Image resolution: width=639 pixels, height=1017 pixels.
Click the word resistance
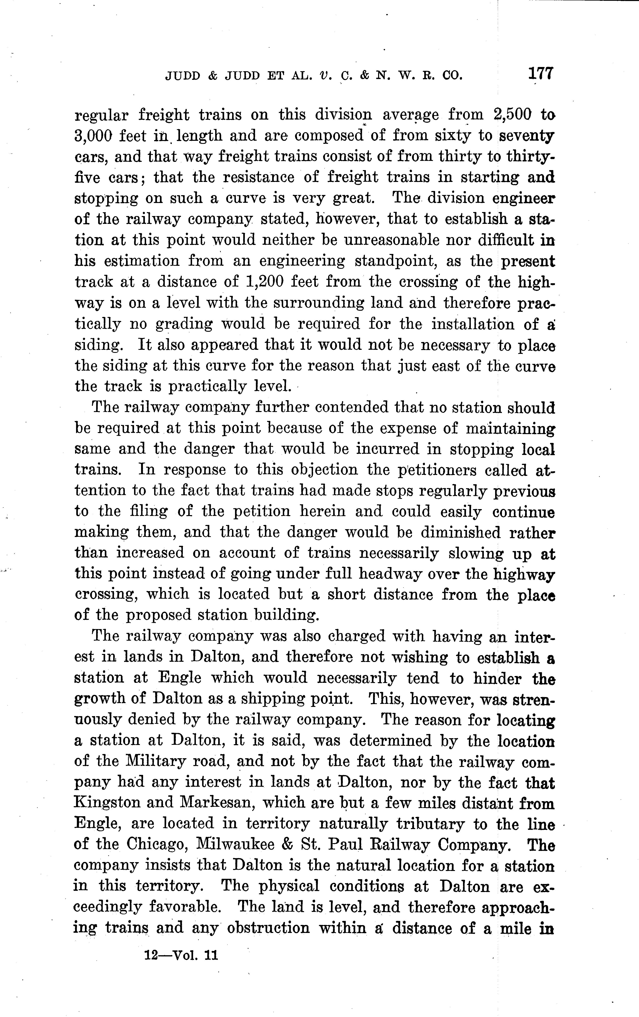(258, 177)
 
